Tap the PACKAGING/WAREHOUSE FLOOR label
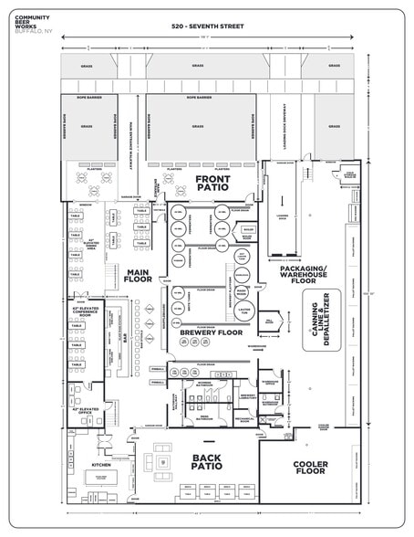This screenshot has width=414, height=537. (302, 268)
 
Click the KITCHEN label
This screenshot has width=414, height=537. (101, 464)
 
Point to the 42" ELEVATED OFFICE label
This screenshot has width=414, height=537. (86, 411)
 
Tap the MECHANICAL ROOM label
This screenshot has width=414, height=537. (243, 419)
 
